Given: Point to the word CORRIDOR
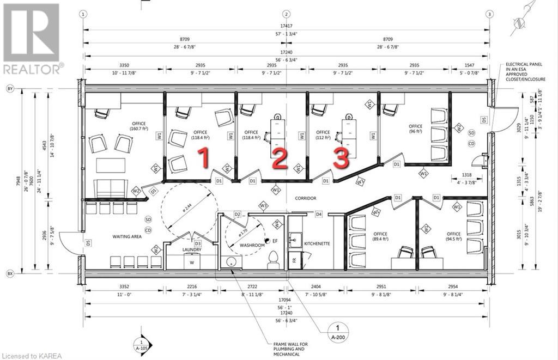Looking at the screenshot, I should click(x=306, y=198).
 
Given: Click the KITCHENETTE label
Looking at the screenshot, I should click(x=317, y=244).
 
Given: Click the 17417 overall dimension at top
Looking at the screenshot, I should click(x=287, y=25).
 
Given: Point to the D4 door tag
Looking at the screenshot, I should click(x=319, y=214).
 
